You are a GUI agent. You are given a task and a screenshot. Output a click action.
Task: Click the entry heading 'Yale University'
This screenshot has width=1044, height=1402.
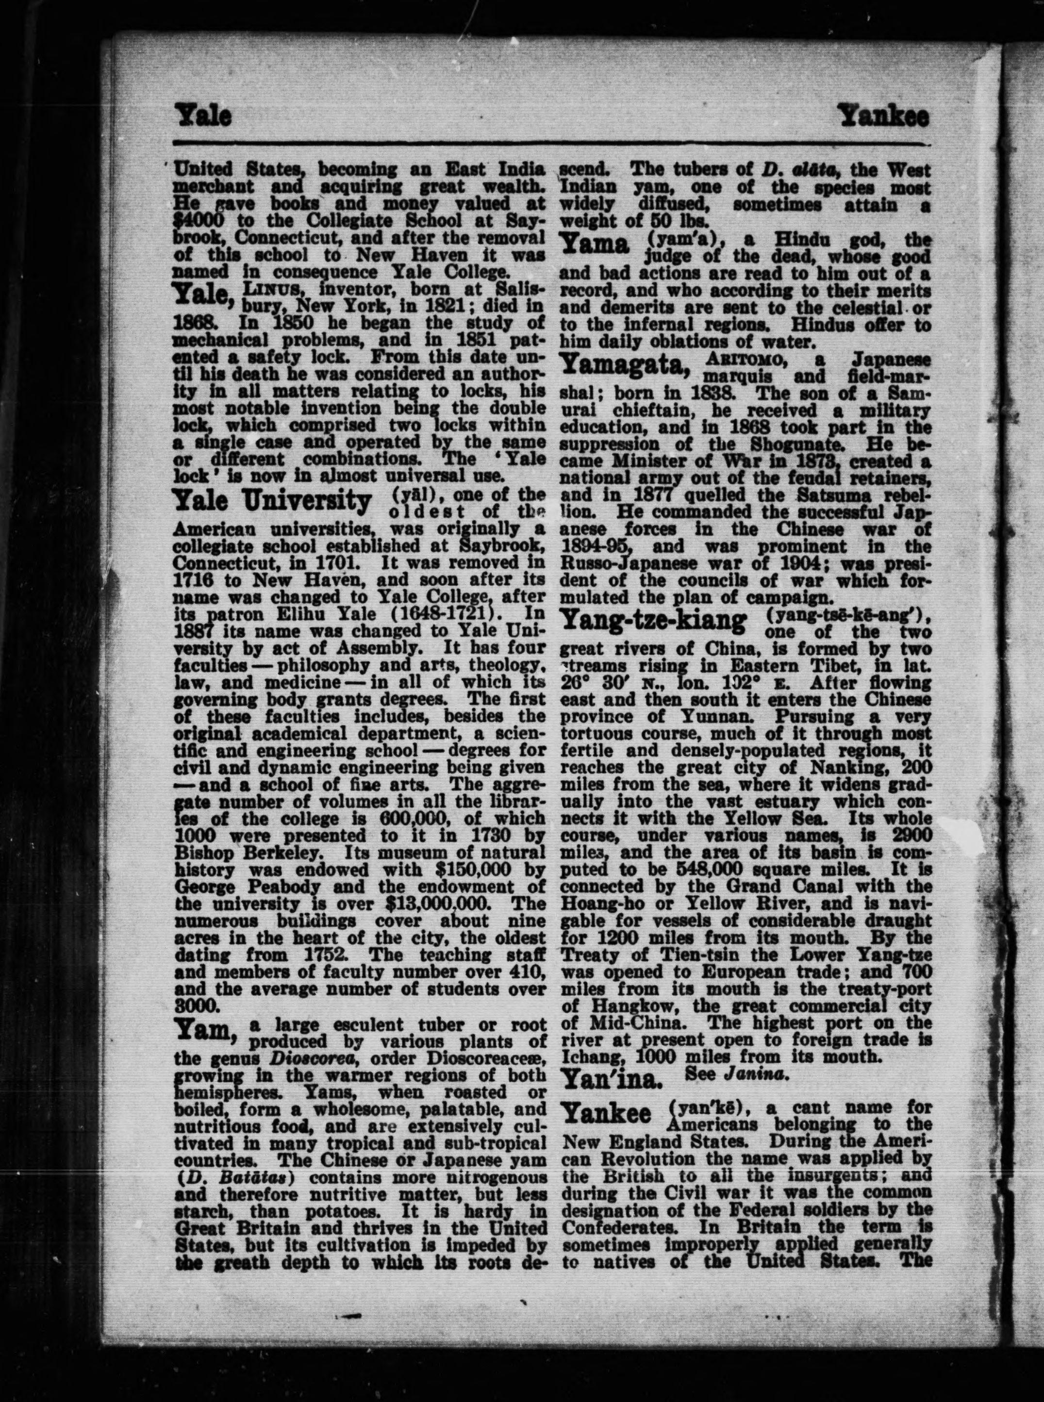272,502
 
